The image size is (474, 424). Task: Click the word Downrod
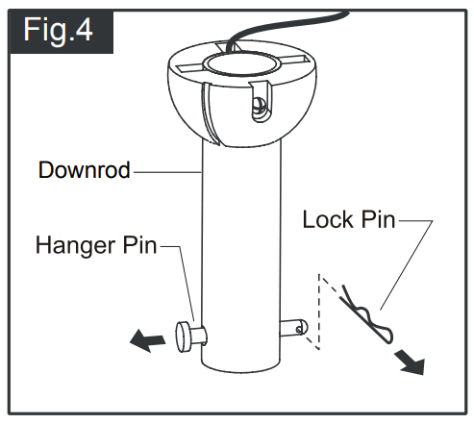point(84,172)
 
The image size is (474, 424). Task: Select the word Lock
point(328,220)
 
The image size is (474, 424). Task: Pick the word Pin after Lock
point(378,220)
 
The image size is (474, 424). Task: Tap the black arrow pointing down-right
point(410,361)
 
